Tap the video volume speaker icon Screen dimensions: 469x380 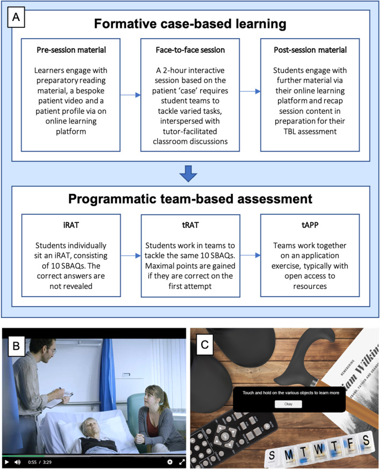click(18, 461)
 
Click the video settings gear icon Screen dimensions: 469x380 click(170, 461)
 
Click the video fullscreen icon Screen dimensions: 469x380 click(181, 461)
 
